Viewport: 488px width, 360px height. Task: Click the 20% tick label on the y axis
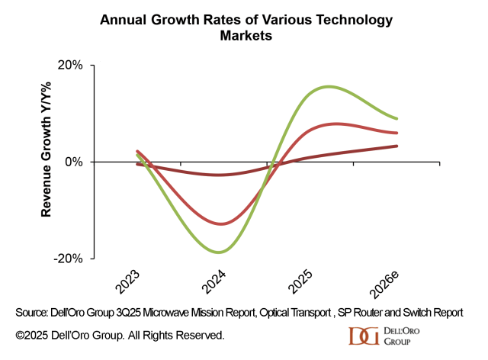tap(71, 66)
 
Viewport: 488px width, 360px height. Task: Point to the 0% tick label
tap(75, 162)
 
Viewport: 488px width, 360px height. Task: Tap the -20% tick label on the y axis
tap(69, 258)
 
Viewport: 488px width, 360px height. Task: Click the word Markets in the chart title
tap(244, 35)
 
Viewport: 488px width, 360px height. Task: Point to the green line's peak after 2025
tap(329, 86)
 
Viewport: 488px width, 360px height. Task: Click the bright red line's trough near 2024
tap(221, 223)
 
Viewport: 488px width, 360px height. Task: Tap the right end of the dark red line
tap(397, 146)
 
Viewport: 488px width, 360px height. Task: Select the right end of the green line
tap(397, 118)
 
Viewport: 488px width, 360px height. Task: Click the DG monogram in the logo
tap(360, 336)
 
